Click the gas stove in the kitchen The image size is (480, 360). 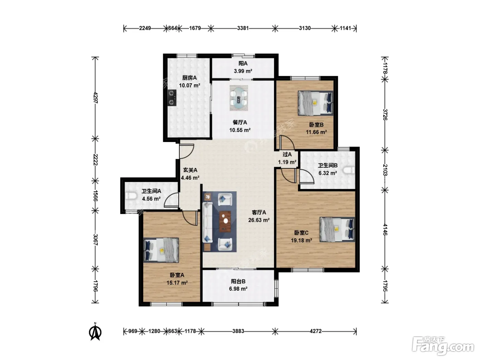point(172,98)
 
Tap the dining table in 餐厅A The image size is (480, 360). point(239,98)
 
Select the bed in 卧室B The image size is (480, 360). point(315,103)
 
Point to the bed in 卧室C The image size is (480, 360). point(337,229)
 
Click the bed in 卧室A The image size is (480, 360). point(161,250)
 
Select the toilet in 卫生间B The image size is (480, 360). point(349,170)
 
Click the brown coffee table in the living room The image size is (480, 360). point(225,221)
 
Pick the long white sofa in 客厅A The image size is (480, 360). point(207,222)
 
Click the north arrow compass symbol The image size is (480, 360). point(95,332)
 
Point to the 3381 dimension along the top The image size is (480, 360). point(243,28)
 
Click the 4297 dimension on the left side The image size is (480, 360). point(95,98)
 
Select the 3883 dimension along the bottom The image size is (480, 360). point(238,331)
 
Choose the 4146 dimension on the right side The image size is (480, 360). point(385,229)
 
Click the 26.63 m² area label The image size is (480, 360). point(259,220)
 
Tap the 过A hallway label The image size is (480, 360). point(287,155)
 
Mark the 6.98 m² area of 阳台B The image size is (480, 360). point(238,289)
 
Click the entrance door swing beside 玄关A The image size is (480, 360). point(187,151)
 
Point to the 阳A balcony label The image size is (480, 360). point(243,64)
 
